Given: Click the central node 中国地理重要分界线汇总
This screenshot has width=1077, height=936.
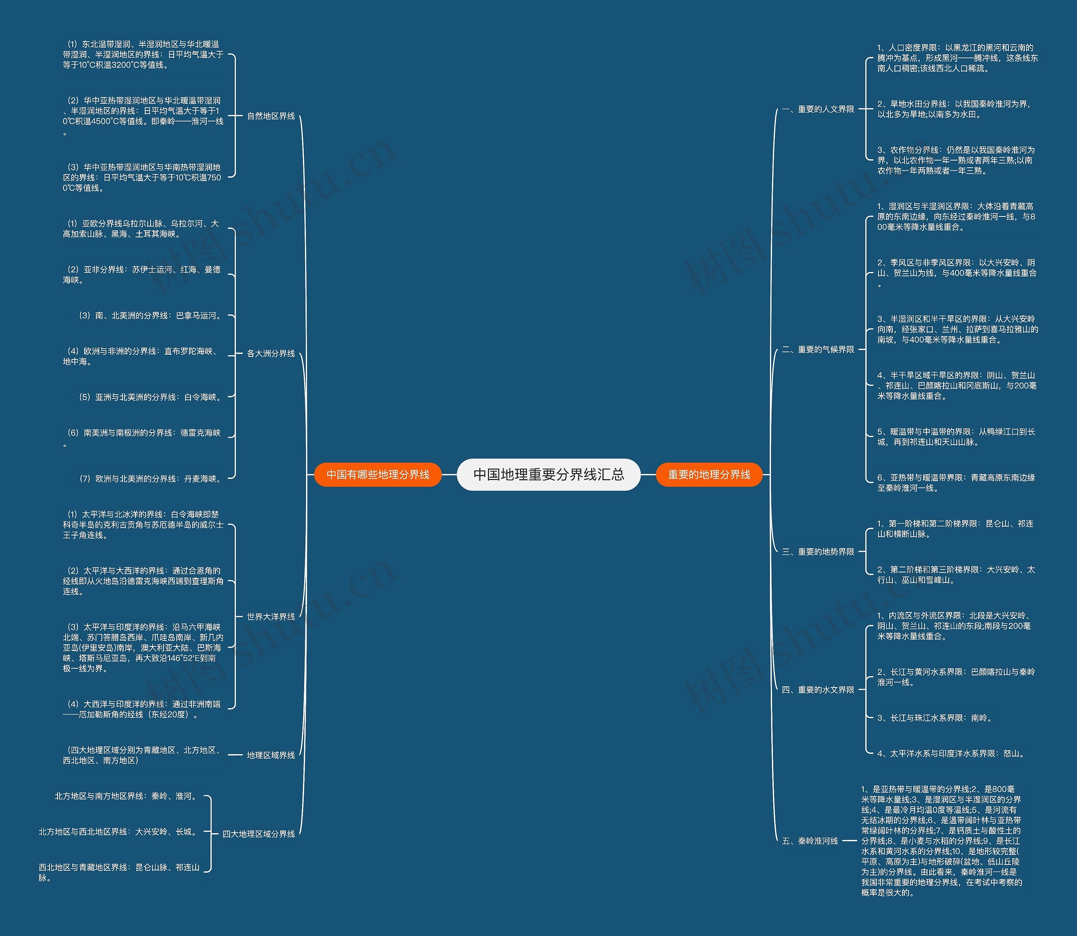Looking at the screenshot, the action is pos(549,474).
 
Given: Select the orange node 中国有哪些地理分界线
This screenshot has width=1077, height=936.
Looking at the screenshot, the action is pos(377,474).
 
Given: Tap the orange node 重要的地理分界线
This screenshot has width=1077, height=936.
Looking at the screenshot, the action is pos(709,474).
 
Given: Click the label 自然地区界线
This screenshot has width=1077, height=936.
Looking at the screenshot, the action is pos(271,116).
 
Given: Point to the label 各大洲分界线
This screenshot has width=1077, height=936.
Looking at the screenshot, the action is pos(271,353).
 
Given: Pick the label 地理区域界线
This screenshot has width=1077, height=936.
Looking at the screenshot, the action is pos(271,755).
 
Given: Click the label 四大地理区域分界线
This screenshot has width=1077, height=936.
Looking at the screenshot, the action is pos(259,834).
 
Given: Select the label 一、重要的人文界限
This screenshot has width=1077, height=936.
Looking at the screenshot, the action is pos(818,109).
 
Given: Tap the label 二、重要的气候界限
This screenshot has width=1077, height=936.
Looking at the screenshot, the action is pos(818,349).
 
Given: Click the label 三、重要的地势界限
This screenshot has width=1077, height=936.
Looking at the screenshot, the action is pos(818,551).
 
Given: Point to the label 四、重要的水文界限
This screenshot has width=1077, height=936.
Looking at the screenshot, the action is pos(818,690).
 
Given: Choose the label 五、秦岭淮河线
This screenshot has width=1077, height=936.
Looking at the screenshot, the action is pos(810,841).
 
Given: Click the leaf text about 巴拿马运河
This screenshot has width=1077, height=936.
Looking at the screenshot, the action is pos(150,316).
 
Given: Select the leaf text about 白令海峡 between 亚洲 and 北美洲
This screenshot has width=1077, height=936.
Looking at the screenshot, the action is pos(150,397).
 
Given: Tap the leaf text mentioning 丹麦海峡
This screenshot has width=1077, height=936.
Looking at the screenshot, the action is pos(150,478).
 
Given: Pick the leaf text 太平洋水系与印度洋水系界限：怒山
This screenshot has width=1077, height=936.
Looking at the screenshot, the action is pos(951,754).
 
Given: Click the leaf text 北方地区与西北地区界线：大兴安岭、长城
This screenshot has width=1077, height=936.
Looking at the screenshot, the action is pos(119,831).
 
